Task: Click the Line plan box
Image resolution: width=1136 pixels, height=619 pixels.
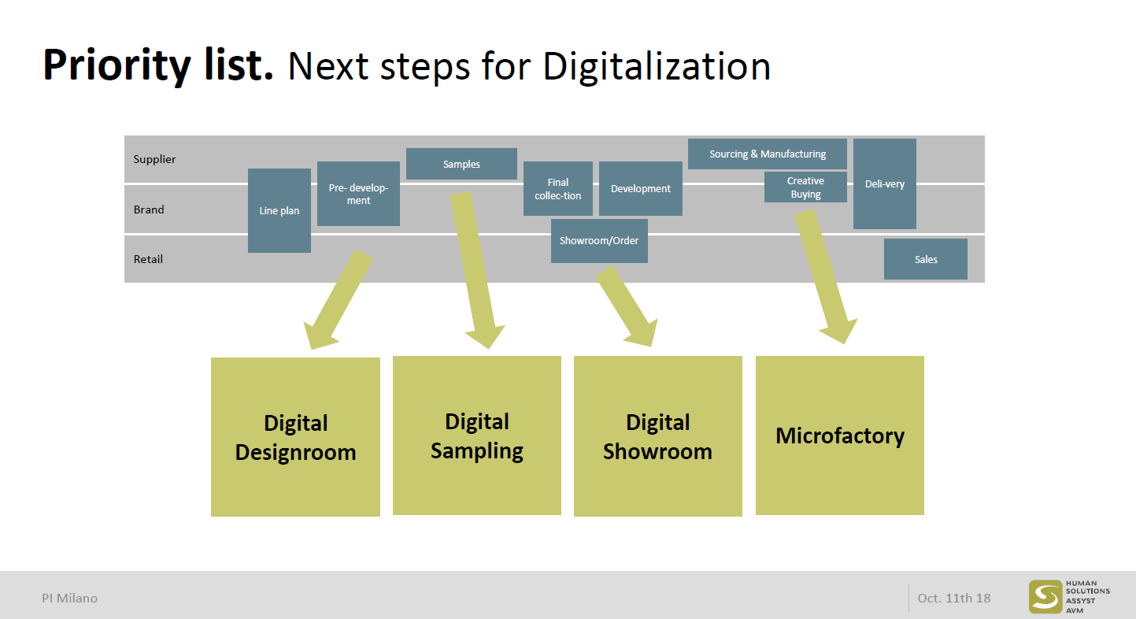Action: pyautogui.click(x=279, y=210)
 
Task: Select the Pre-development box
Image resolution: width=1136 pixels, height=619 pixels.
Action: pyautogui.click(x=358, y=194)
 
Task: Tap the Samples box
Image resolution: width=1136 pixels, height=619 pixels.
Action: pyautogui.click(x=461, y=164)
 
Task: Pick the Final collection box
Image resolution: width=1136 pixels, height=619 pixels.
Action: pyautogui.click(x=557, y=188)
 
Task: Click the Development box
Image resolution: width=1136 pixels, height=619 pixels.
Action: pyautogui.click(x=640, y=188)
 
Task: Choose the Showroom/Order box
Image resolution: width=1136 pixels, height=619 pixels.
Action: pyautogui.click(x=599, y=240)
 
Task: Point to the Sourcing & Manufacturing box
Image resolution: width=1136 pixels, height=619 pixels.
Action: pyautogui.click(x=767, y=154)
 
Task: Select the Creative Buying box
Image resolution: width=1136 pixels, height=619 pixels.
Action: pyautogui.click(x=805, y=187)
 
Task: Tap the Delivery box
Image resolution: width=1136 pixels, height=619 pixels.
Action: pyautogui.click(x=884, y=183)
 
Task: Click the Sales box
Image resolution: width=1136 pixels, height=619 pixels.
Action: pyautogui.click(x=926, y=259)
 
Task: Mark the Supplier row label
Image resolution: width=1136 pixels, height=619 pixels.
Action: pyautogui.click(x=154, y=159)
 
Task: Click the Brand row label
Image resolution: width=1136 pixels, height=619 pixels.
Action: pyautogui.click(x=149, y=209)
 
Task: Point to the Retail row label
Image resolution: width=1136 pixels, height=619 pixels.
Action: pyautogui.click(x=148, y=259)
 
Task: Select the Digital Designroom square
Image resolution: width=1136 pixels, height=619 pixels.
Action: pyautogui.click(x=295, y=437)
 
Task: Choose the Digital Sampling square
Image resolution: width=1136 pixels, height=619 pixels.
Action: pyautogui.click(x=477, y=436)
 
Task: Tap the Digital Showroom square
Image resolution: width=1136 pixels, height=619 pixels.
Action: pyautogui.click(x=658, y=436)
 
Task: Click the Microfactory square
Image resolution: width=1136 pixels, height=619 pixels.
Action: pyautogui.click(x=840, y=436)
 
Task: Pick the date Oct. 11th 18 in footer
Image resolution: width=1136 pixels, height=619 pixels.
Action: pyautogui.click(x=954, y=598)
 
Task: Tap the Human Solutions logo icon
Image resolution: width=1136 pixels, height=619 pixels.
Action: pyautogui.click(x=1045, y=597)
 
